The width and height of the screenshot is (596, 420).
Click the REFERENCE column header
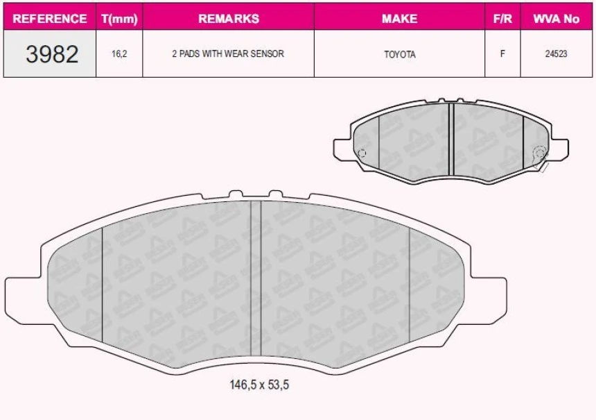50,19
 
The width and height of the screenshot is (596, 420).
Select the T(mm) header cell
119,19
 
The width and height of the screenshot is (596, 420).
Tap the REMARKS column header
228,19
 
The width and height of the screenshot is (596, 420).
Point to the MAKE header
399,19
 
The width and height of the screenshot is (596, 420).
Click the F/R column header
502,19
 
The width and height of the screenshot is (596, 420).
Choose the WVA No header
556,19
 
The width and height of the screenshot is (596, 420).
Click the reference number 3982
52,54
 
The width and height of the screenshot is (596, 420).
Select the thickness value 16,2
119,54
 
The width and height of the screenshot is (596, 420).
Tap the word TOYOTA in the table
399,54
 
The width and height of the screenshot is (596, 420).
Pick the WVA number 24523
556,54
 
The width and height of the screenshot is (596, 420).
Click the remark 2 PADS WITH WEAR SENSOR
228,54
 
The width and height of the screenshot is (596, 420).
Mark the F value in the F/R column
502,54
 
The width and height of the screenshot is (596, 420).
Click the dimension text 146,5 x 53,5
258,385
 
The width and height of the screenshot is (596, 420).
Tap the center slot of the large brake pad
256,278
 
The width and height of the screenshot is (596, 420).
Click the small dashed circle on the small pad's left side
360,153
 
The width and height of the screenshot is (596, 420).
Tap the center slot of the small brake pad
450,139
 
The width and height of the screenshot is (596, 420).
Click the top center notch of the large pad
256,194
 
